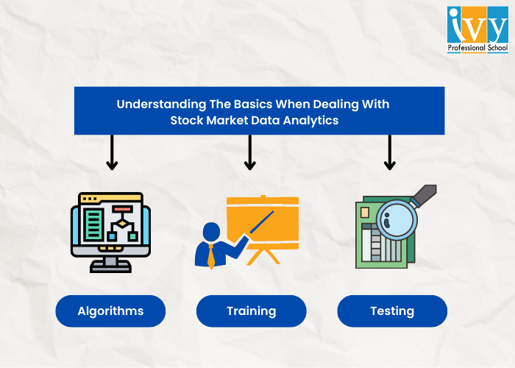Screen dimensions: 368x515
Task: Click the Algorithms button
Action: coord(110,311)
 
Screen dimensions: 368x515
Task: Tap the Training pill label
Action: coord(251,311)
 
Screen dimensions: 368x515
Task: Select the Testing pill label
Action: coord(392,311)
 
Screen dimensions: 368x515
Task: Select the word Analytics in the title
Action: coord(310,121)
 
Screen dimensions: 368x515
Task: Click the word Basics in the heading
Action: coord(238,105)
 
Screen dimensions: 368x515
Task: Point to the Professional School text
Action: coord(477,49)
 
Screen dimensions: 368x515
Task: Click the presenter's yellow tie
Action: coord(211,255)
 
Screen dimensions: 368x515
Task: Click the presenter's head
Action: coord(212,230)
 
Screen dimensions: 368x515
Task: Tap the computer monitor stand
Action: coord(110,263)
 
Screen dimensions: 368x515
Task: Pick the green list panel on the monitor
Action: coord(93,224)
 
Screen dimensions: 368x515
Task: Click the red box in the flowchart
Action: coord(121,210)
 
